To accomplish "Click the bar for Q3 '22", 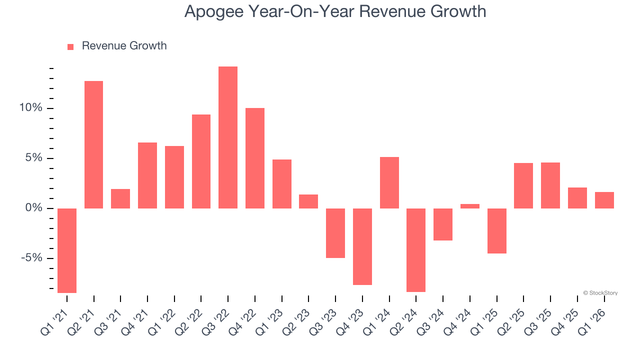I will point(228,137).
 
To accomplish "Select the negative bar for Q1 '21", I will point(67,250).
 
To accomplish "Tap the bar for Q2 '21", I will point(94,144).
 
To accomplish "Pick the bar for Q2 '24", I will point(416,250).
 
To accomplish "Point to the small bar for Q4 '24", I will point(469,206).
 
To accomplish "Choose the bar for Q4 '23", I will point(362,246).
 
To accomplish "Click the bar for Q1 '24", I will point(389,182).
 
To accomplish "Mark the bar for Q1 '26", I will point(604,200).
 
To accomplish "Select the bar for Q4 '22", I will point(255,158).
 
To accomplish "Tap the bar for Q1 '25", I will point(496,231).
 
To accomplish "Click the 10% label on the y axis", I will point(31,108).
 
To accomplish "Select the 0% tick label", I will point(34,208).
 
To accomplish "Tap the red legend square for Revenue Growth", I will point(70,46).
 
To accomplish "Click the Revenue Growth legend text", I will point(124,46).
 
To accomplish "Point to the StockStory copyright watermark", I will point(600,293).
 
